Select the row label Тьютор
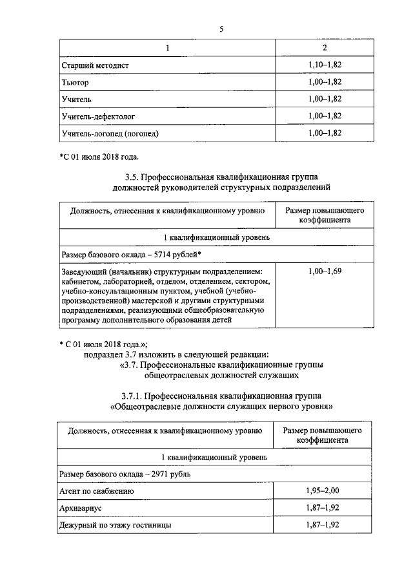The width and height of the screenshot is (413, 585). coord(75,83)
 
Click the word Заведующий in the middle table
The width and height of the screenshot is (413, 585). coord(85,271)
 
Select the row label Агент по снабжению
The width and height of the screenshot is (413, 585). coord(97,491)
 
